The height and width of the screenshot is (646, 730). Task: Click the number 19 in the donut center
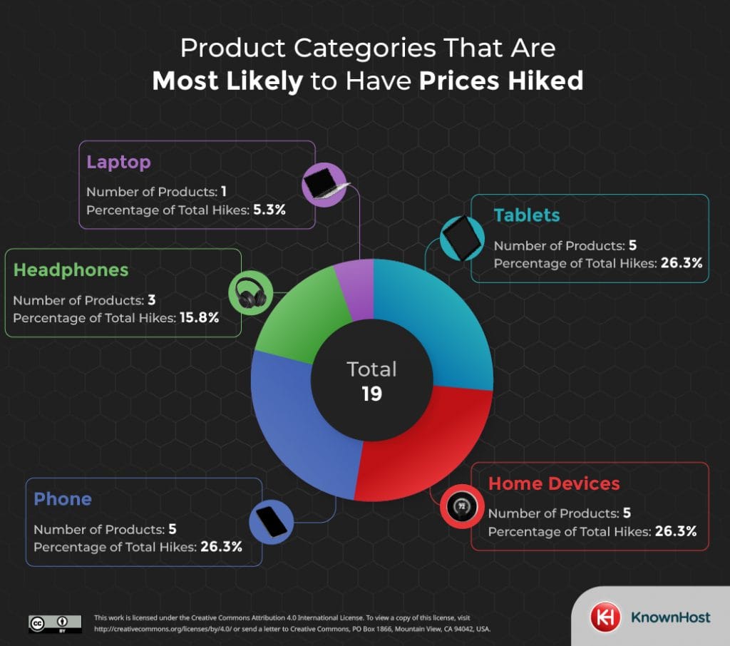click(x=371, y=394)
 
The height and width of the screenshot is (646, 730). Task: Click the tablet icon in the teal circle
click(x=460, y=236)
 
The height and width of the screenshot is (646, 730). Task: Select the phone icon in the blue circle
click(x=272, y=522)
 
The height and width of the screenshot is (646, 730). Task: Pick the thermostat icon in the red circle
click(x=461, y=507)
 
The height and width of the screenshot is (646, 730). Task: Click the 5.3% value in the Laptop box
click(x=269, y=210)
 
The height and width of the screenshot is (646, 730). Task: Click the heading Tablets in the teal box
click(x=527, y=215)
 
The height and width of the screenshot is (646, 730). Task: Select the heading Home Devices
click(x=554, y=483)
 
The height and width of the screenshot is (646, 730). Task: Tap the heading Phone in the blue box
click(x=63, y=499)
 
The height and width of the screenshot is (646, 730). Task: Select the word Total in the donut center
click(x=371, y=369)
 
